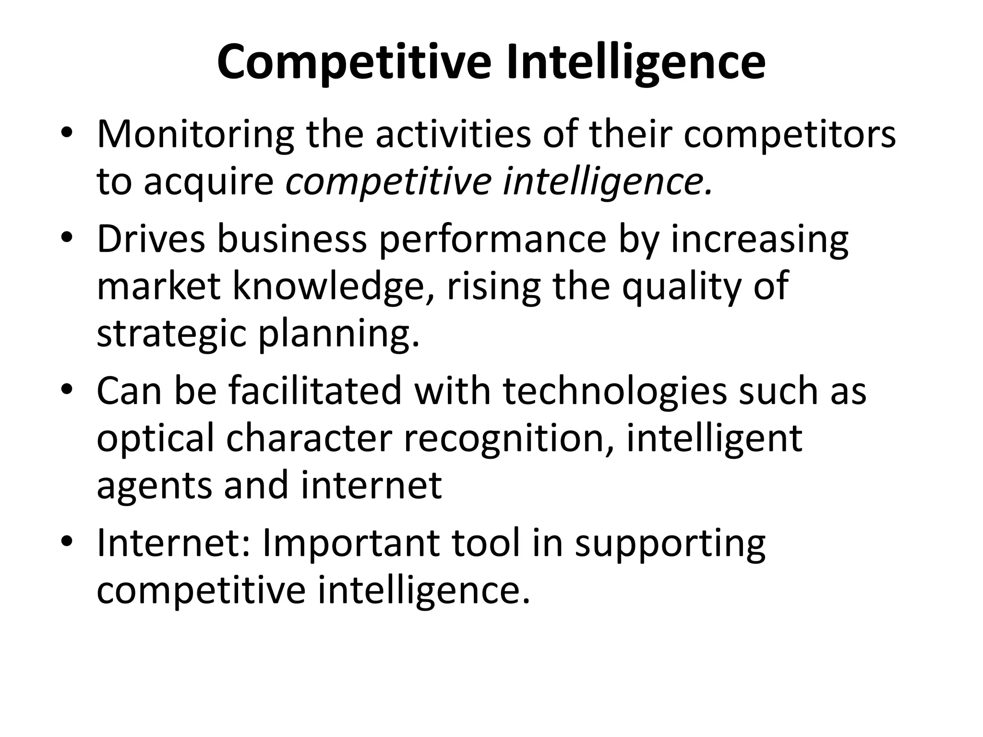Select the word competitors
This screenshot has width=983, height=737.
(x=790, y=136)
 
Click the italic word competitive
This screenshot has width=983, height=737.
(x=388, y=183)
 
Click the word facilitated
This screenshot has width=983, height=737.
(x=315, y=391)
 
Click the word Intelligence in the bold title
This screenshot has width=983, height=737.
(x=635, y=63)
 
